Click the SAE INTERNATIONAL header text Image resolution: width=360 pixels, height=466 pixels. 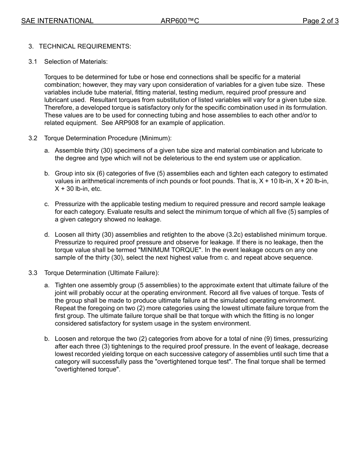(x=57, y=21)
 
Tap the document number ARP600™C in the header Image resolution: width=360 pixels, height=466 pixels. (x=180, y=21)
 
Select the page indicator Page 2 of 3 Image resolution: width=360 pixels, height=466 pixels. (x=320, y=21)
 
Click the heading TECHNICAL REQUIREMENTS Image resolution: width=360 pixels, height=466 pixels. (x=85, y=47)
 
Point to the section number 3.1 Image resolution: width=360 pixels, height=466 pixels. (x=33, y=62)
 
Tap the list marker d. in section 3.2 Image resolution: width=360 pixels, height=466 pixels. (x=47, y=235)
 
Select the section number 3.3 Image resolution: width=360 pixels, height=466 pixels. (x=33, y=273)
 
